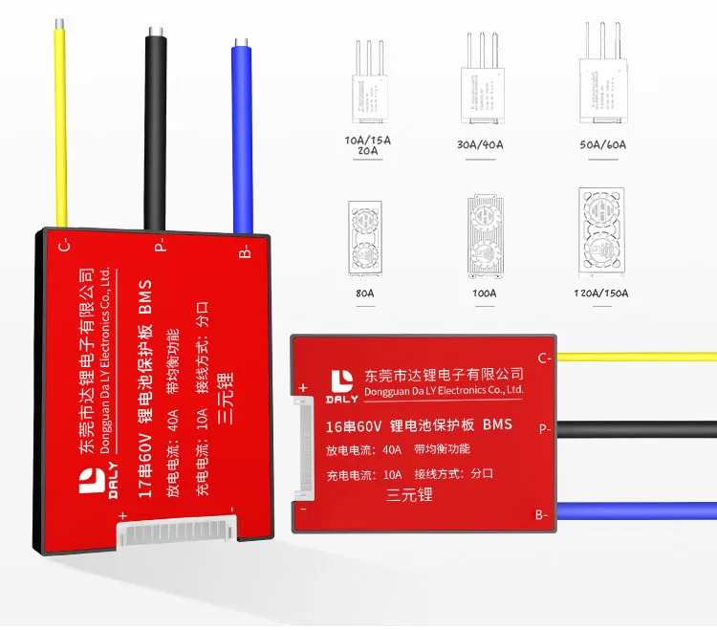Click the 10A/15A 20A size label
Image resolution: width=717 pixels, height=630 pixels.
[x=367, y=145]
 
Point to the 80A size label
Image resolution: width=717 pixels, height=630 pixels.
[x=365, y=293]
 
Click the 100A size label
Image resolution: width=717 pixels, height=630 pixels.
[x=484, y=293]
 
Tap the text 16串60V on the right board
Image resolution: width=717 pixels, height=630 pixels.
[x=358, y=424]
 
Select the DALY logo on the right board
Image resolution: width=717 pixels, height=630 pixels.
[x=341, y=383]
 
